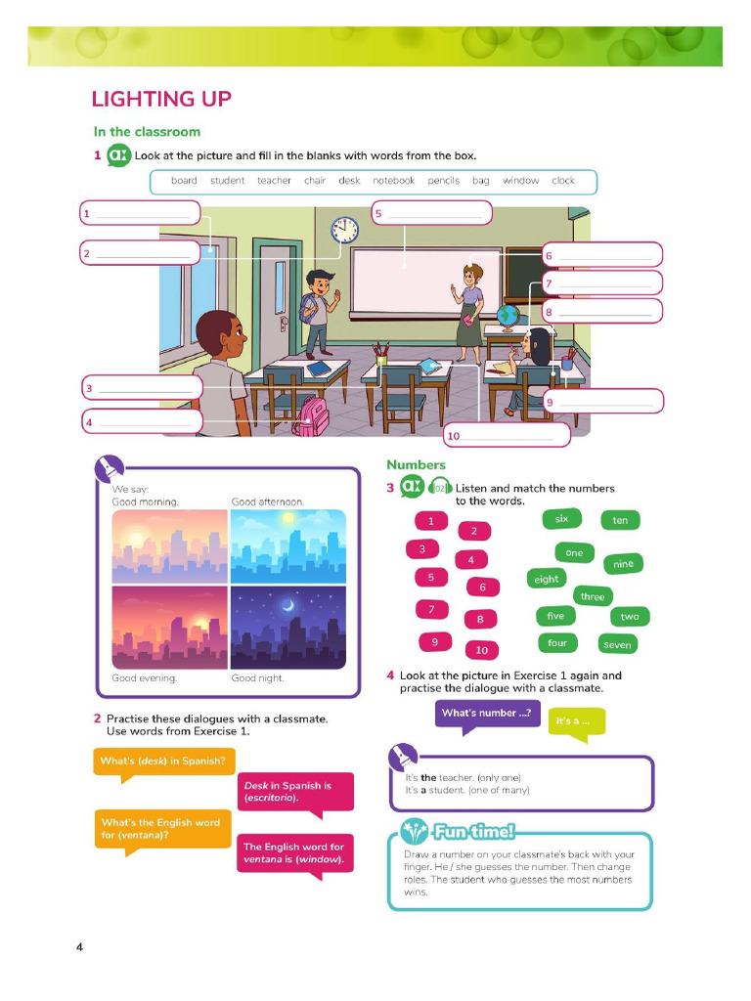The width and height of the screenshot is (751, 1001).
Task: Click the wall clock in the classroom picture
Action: [x=344, y=230]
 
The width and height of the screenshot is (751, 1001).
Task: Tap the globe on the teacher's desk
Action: [x=508, y=318]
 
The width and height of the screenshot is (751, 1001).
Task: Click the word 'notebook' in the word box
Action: [x=393, y=181]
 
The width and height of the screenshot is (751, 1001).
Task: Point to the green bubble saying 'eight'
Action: [x=546, y=579]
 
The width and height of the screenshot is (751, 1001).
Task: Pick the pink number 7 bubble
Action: [x=431, y=610]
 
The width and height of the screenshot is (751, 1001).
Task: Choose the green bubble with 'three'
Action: [x=593, y=596]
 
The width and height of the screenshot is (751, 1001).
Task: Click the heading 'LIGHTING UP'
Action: [x=161, y=99]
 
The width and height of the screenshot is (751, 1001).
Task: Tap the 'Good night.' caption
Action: [x=257, y=678]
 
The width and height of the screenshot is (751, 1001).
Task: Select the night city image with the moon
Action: [x=288, y=628]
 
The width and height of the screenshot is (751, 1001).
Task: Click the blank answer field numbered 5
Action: [x=431, y=212]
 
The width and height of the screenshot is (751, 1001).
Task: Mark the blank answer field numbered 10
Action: [x=507, y=435]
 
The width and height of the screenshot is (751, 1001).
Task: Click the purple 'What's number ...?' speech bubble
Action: [x=487, y=714]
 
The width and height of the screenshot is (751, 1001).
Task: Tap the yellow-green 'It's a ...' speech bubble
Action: [x=575, y=722]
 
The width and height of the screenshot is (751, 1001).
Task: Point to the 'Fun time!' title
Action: [x=473, y=831]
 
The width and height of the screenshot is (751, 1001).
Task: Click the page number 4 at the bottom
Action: [x=79, y=946]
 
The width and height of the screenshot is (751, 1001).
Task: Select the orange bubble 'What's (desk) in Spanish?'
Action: [x=164, y=762]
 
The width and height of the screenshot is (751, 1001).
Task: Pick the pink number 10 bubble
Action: [x=481, y=650]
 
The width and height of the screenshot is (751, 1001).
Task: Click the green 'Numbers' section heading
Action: [x=416, y=464]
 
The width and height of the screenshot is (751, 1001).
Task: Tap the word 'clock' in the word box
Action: [x=563, y=181]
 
